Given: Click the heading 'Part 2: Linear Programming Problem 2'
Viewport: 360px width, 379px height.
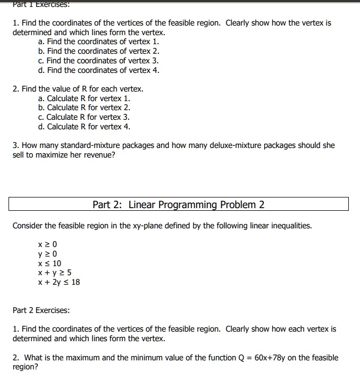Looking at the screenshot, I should [178, 205].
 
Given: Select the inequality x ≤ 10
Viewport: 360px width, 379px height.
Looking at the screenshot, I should [50, 263].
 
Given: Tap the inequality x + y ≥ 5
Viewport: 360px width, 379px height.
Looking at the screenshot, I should [55, 273].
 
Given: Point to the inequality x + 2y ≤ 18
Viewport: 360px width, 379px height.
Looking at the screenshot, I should [59, 282].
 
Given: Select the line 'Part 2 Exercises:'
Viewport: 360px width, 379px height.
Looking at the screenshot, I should [41, 310].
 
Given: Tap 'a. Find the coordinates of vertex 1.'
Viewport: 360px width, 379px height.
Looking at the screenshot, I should [99, 42].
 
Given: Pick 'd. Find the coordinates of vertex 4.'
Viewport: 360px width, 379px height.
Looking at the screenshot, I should [99, 70].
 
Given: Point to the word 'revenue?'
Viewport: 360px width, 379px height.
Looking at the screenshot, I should [99, 155].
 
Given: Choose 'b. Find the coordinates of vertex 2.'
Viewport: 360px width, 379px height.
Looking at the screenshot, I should [99, 51].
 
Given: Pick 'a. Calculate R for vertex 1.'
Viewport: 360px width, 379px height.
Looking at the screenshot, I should [84, 98].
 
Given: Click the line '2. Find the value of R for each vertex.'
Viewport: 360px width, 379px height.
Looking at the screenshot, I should [78, 88].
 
